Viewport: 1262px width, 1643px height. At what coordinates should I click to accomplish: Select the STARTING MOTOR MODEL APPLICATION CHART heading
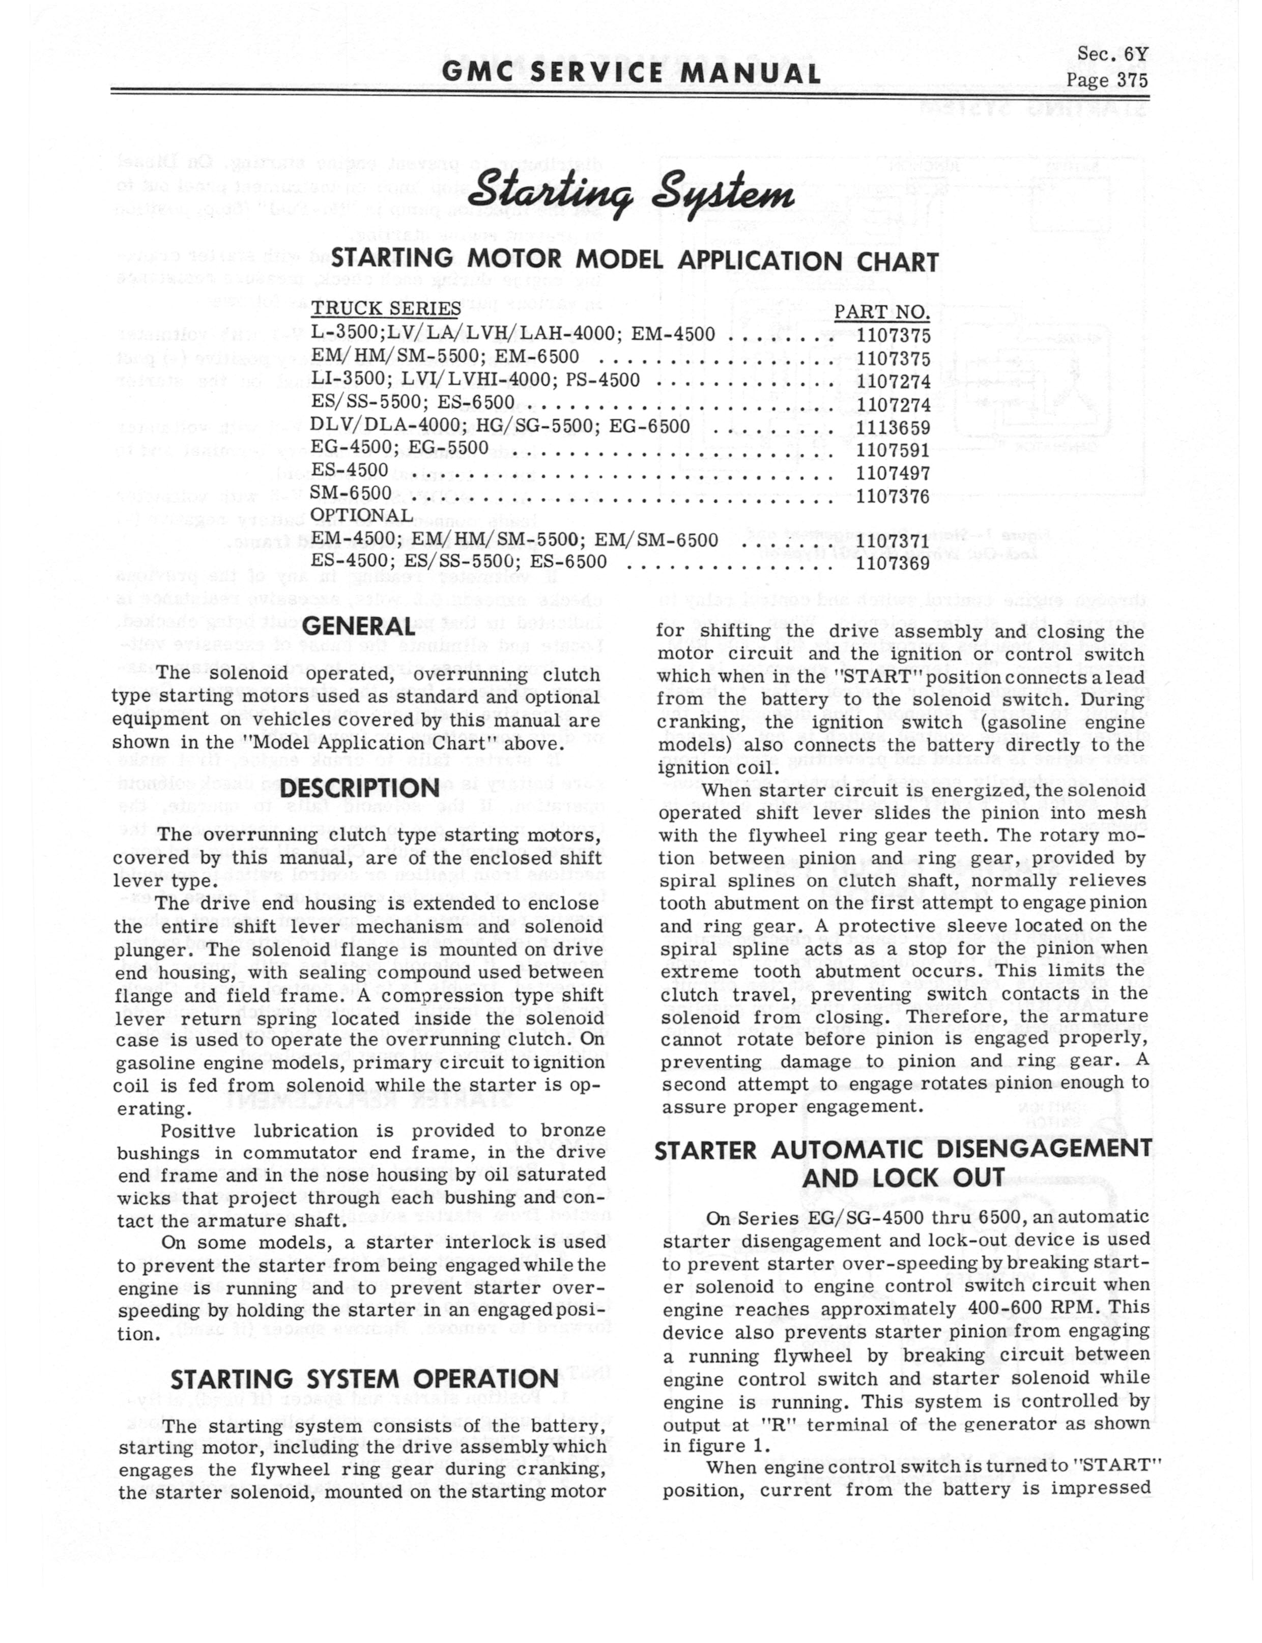pyautogui.click(x=635, y=262)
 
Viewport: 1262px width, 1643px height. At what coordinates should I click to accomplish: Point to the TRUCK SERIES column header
pyautogui.click(x=386, y=309)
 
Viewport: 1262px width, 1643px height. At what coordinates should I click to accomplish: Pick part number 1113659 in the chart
pyautogui.click(x=893, y=427)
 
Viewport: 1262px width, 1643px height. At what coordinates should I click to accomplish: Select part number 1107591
pyautogui.click(x=893, y=450)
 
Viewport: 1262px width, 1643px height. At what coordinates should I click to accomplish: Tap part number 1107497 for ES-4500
pyautogui.click(x=893, y=473)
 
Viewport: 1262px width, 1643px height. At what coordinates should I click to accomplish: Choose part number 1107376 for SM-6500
pyautogui.click(x=893, y=496)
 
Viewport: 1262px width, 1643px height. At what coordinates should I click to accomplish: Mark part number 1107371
pyautogui.click(x=893, y=541)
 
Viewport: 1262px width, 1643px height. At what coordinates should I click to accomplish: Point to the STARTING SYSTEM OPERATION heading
pyautogui.click(x=364, y=1379)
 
